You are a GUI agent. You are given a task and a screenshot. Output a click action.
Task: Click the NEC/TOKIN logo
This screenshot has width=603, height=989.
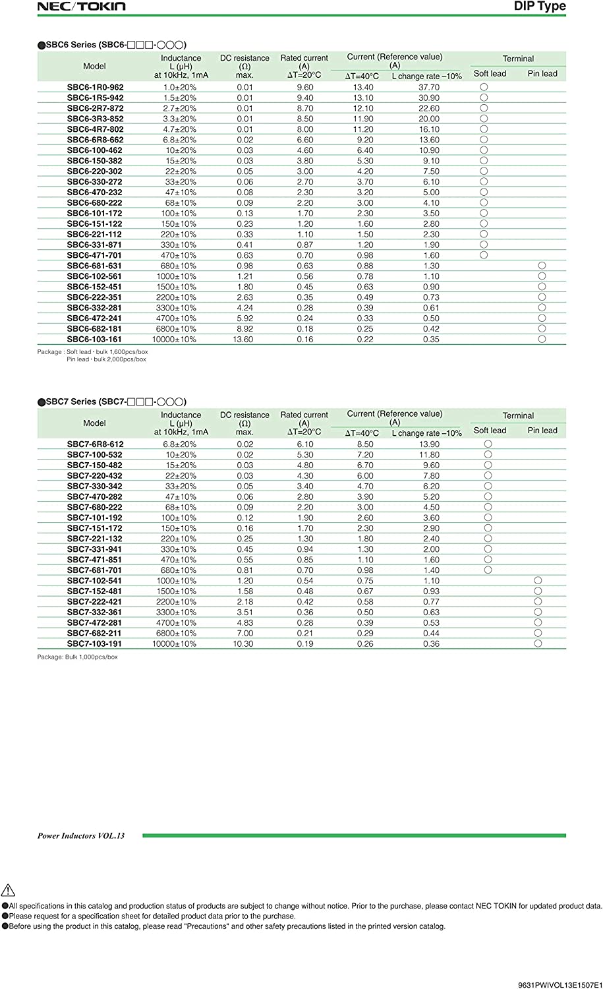coord(81,7)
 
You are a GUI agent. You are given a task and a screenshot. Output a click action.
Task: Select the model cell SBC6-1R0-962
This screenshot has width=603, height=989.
coord(95,87)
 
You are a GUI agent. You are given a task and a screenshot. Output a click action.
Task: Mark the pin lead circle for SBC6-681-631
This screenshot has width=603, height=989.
coord(542,266)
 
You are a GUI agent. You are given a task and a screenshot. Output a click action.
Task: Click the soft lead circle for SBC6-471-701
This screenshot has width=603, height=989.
coord(484,255)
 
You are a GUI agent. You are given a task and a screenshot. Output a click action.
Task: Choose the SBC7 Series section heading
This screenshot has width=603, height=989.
coord(112,402)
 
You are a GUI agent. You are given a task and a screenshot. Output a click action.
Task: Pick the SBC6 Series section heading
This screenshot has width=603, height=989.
coord(112,45)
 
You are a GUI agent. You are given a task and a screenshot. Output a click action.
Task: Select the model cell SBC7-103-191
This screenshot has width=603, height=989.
coord(95,644)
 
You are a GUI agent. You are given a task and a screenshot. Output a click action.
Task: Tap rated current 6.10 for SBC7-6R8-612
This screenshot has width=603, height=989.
coord(305,444)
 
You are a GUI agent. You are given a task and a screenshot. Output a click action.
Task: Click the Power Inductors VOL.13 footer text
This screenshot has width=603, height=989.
coord(81,836)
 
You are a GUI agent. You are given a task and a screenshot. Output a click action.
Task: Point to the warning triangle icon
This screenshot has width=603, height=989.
coord(9,889)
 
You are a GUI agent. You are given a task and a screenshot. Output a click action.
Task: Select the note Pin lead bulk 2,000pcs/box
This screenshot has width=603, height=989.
coord(106,359)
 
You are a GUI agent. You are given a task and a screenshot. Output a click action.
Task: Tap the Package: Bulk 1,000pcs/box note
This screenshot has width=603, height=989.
coord(78,657)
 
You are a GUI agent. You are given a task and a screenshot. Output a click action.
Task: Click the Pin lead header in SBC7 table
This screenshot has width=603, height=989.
coord(542,431)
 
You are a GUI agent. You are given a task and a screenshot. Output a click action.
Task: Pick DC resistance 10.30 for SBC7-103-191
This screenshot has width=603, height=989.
coord(243,644)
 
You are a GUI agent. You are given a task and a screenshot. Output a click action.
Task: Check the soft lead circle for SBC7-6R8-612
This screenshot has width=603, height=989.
coord(488,444)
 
